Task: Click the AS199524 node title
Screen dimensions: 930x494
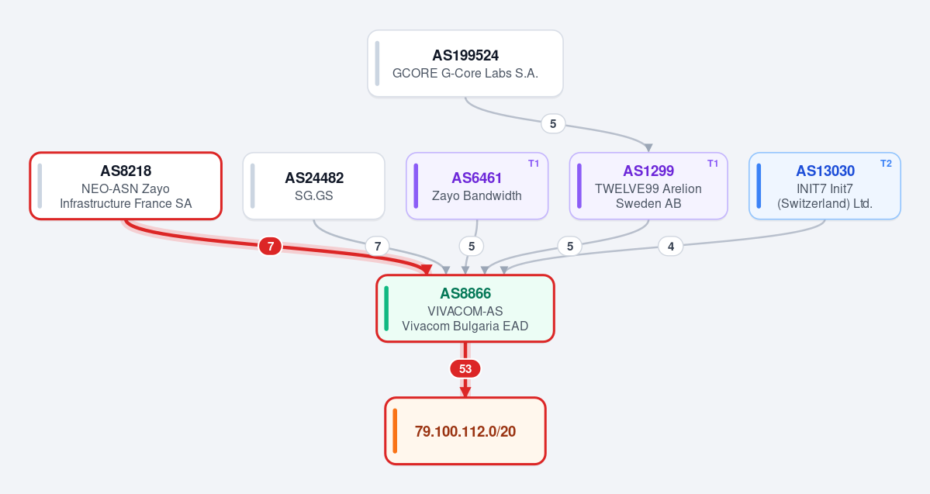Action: coord(465,56)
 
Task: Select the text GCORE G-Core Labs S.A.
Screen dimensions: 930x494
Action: coord(465,74)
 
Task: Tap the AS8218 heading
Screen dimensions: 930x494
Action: coord(126,171)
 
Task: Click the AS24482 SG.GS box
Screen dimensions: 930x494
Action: coord(314,186)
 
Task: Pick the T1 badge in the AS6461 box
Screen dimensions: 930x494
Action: coord(534,164)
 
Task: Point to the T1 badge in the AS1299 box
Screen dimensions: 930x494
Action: coord(713,164)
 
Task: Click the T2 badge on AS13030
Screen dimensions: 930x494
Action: coord(886,164)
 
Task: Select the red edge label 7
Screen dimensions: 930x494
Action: coord(271,246)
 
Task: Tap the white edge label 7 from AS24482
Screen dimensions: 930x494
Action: coord(377,246)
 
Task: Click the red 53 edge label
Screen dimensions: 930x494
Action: coord(465,369)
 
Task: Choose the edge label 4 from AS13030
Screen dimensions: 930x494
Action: coord(671,246)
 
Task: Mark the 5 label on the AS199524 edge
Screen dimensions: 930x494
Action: coord(553,124)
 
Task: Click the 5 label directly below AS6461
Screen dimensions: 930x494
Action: coord(472,246)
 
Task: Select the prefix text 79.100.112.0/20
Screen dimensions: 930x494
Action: coord(465,431)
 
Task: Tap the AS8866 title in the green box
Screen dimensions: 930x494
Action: coord(465,294)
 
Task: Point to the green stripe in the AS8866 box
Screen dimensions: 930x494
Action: coord(387,309)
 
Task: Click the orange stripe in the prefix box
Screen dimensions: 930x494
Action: coord(395,431)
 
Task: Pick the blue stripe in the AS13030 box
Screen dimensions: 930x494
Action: coord(759,186)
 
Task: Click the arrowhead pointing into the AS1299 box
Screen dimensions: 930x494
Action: coord(648,147)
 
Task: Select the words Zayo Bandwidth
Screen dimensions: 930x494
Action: coord(477,195)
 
